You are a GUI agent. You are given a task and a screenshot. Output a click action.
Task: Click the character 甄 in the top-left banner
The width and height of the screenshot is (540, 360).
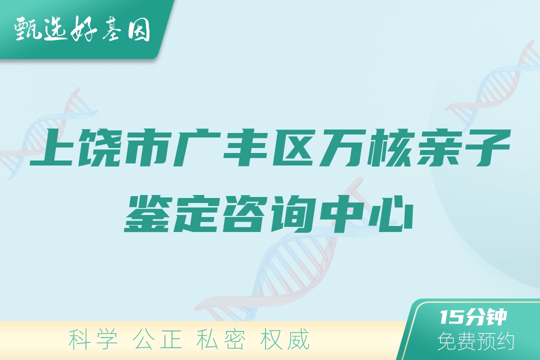click(x=27, y=29)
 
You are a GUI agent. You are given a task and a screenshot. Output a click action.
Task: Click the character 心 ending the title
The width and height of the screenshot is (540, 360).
click(x=390, y=213)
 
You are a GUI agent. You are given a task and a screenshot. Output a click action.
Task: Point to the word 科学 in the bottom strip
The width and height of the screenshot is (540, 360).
click(x=93, y=339)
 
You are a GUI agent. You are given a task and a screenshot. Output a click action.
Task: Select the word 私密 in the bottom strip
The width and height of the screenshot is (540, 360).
click(x=221, y=339)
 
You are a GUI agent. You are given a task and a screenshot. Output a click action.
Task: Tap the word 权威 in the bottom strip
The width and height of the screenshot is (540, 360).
click(x=285, y=339)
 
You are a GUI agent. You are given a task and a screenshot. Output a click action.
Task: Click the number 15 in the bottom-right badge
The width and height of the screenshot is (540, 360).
click(x=451, y=317)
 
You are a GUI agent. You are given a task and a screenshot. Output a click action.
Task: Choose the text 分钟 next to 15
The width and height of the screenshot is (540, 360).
click(x=485, y=317)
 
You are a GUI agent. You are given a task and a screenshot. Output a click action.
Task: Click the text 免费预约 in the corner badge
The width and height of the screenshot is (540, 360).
click(x=476, y=341)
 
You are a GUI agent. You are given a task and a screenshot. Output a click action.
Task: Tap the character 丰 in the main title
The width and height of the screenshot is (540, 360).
click(x=245, y=147)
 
